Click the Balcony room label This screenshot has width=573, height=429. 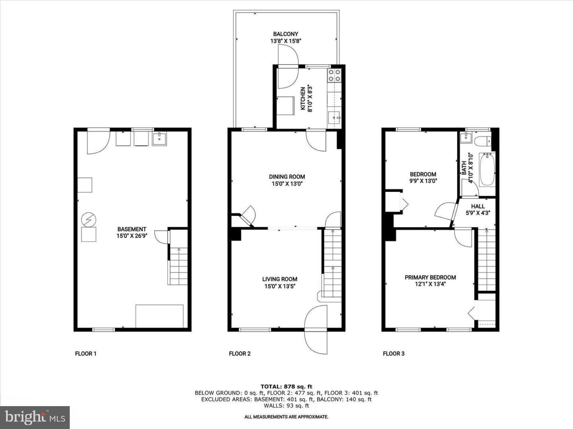[285, 34]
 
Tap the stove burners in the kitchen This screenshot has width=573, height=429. [334, 75]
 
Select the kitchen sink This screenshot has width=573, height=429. [334, 118]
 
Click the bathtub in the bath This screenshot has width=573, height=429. [487, 169]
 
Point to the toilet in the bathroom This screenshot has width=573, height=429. [482, 141]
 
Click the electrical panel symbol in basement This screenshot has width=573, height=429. [89, 220]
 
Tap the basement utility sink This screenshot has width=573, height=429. [159, 139]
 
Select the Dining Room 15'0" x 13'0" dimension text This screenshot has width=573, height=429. [287, 184]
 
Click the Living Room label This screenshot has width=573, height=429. [280, 279]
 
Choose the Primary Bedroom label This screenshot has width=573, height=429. [430, 277]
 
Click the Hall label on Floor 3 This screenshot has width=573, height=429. [478, 206]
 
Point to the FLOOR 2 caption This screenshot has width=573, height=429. [240, 354]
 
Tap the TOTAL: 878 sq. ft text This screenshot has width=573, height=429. [286, 387]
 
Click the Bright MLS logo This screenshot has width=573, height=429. [35, 418]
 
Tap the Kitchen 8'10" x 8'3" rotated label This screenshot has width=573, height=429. [306, 100]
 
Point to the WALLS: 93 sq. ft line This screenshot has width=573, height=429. [286, 406]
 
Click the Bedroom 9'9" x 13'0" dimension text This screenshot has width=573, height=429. [423, 181]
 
